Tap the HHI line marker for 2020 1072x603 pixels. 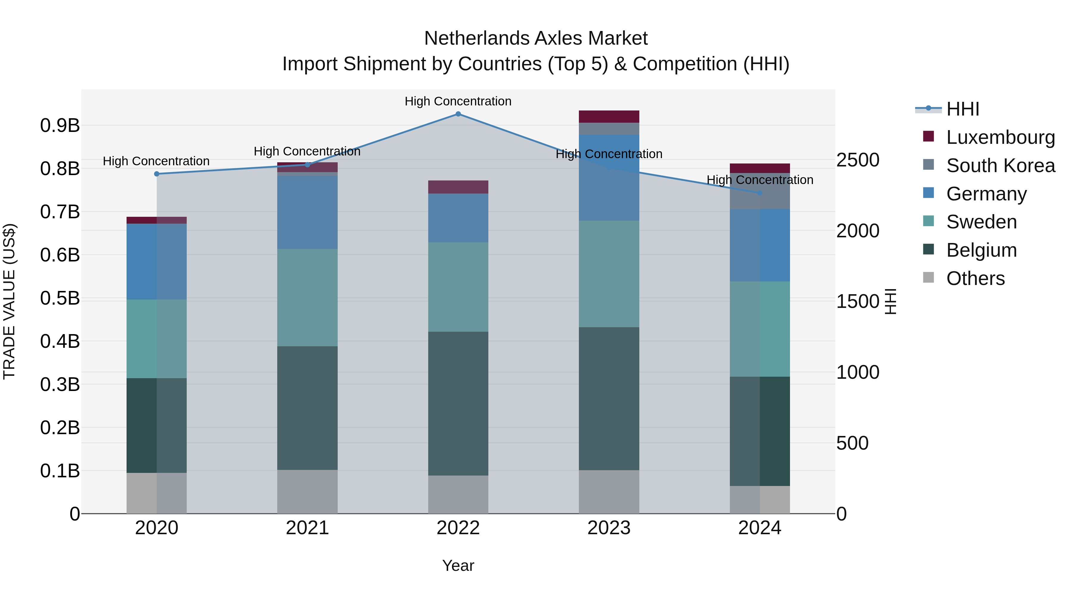[156, 174]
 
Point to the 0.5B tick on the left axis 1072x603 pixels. [60, 298]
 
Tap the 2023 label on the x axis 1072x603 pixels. [609, 528]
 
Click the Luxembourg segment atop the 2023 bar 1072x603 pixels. [609, 116]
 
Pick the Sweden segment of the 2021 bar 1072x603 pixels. [307, 297]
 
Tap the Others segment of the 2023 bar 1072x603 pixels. [609, 492]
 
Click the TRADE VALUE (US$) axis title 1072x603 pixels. [9, 301]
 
